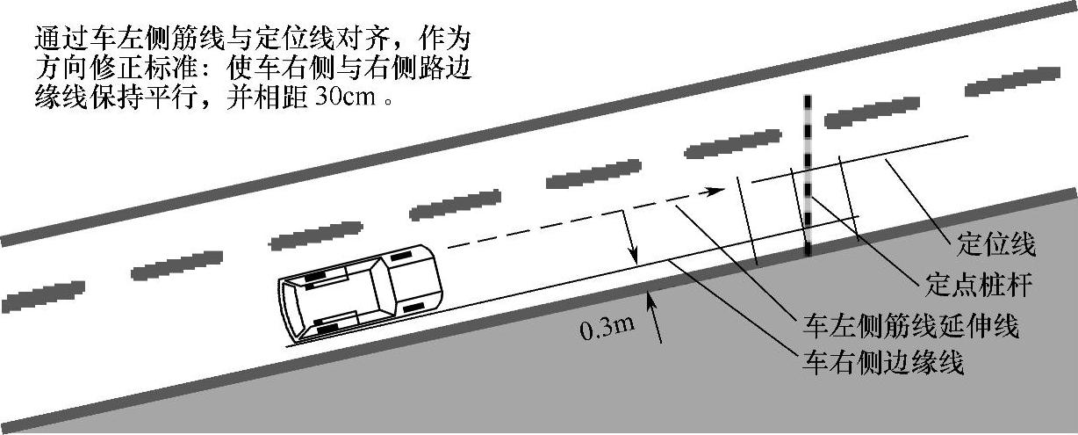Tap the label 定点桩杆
(x=973, y=286)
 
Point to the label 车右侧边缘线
(x=883, y=361)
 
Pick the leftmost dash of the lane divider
(x=40, y=295)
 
